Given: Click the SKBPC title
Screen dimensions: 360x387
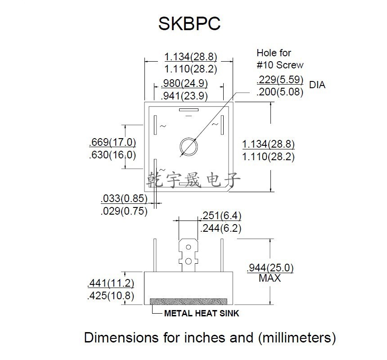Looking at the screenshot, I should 189,24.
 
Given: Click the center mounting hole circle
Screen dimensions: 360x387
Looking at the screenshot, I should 188,146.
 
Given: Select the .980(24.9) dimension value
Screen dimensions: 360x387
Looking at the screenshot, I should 185,84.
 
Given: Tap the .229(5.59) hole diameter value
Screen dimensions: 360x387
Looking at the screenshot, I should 279,80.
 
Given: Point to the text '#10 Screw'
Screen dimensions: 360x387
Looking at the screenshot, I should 280,65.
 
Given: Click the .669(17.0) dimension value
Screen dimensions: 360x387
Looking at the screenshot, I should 112,143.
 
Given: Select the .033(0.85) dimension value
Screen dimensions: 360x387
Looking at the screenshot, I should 124,198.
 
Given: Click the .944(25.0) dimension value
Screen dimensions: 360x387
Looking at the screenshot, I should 270,268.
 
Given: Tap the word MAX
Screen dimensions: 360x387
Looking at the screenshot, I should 270,279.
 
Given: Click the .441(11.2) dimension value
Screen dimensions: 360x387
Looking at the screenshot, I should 111,283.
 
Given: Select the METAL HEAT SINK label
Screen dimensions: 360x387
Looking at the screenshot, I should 201,314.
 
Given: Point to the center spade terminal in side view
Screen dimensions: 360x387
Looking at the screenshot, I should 189,254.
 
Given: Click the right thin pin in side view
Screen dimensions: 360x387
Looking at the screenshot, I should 221,255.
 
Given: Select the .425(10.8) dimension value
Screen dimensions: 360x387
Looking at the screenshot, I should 111,296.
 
